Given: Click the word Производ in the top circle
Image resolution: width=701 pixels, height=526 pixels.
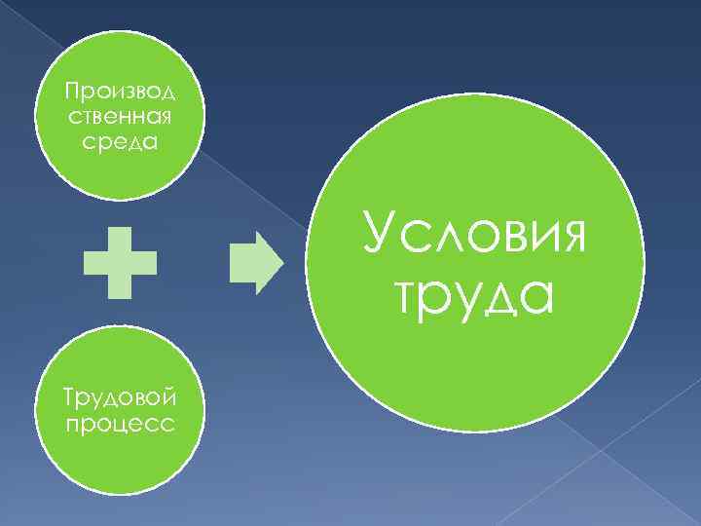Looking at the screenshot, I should (x=119, y=93).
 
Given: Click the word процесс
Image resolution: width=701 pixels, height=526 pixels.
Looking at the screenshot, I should (x=119, y=424).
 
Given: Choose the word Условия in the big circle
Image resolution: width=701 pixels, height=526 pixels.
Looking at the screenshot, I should (x=474, y=234).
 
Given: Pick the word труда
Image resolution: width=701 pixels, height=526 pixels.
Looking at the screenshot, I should (x=474, y=293).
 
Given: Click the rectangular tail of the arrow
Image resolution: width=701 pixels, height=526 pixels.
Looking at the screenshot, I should (x=241, y=263).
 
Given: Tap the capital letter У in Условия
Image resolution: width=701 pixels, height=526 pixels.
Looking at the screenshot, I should (x=378, y=234).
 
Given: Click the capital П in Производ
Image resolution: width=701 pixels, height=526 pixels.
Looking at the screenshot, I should (x=69, y=93).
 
